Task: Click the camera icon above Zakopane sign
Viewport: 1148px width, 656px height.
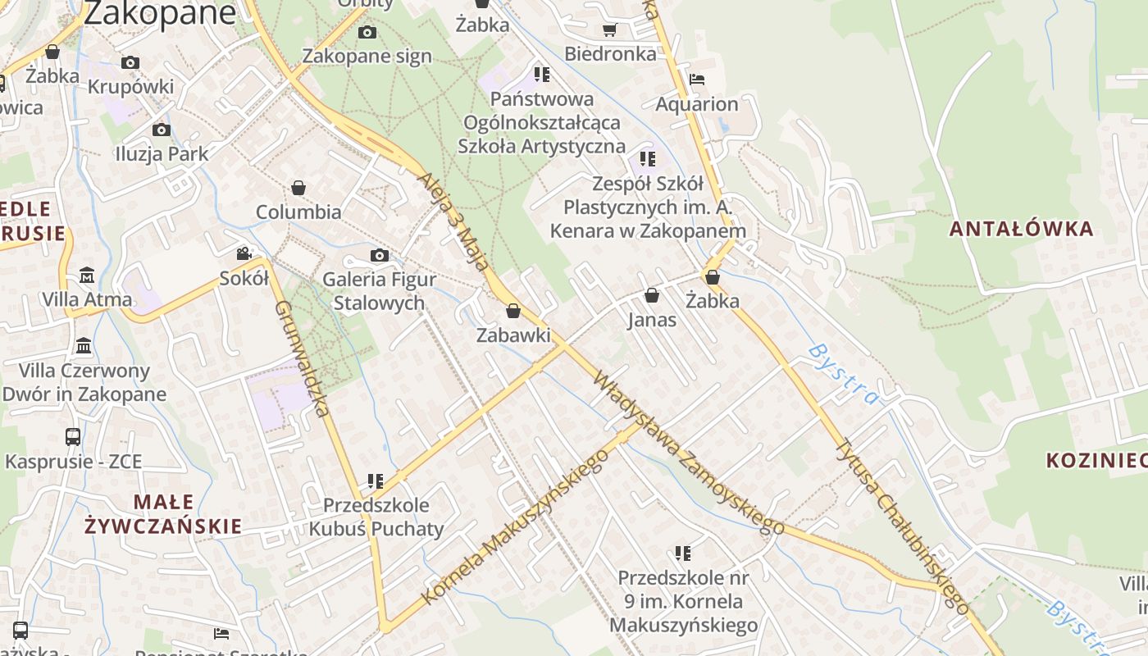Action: coord(367,33)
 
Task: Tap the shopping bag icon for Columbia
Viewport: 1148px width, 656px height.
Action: coord(298,189)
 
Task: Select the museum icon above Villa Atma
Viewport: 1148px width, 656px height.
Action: coord(87,276)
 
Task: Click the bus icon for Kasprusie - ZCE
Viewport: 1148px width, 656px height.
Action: coord(73,437)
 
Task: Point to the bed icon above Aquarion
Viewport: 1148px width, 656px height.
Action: coord(697,80)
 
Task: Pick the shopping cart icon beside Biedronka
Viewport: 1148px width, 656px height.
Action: coord(609,30)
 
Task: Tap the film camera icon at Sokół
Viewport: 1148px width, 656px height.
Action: coord(244,254)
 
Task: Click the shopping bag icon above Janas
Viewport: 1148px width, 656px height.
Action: coord(652,295)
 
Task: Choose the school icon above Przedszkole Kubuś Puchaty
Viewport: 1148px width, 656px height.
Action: coord(376,481)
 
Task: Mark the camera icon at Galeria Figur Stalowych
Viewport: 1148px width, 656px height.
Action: coord(379,256)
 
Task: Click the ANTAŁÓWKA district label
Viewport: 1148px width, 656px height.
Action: coord(1021,229)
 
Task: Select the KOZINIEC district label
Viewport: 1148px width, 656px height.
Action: coord(1096,460)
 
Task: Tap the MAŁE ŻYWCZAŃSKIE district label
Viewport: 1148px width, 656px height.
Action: coord(164,514)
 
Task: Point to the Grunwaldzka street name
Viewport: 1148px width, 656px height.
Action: coord(302,358)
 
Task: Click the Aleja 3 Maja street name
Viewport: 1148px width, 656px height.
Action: coord(458,223)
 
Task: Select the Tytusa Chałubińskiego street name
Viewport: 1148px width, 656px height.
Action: coord(901,526)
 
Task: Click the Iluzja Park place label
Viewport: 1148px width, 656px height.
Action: coord(162,153)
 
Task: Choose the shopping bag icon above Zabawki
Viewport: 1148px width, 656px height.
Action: coord(513,312)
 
